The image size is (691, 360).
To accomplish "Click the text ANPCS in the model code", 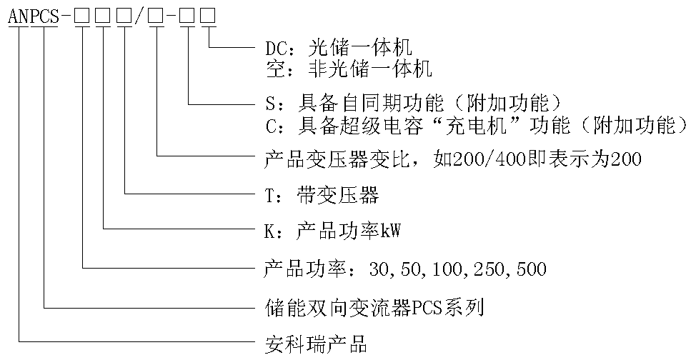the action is tap(33, 16).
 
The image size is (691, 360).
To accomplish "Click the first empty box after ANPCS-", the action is tap(82, 16).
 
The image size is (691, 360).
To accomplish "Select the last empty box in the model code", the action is tap(209, 16).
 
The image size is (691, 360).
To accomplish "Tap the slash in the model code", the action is tap(139, 16).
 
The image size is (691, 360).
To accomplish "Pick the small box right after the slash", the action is tap(157, 16).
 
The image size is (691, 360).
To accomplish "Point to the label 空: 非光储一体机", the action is tap(349, 69).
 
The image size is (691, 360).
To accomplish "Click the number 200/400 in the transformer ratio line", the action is tap(489, 159).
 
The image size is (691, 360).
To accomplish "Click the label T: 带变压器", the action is tap(322, 195).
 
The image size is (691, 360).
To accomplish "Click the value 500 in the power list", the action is tap(531, 269).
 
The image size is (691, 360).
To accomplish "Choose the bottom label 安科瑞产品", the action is tap(316, 344).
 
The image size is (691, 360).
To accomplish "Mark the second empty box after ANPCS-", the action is tap(103, 16).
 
